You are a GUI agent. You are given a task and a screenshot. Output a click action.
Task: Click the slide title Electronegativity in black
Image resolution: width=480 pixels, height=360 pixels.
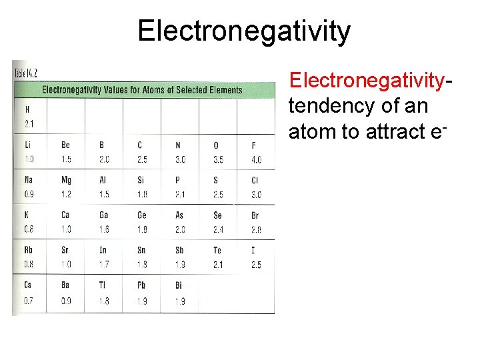pos(243,31)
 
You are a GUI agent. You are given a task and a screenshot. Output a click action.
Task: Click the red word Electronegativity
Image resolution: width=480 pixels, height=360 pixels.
pos(366,80)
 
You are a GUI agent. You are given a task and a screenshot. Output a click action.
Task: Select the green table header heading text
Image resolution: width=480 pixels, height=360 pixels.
pos(142,90)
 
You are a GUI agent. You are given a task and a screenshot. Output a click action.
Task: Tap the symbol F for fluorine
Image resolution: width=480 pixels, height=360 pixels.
pos(254,145)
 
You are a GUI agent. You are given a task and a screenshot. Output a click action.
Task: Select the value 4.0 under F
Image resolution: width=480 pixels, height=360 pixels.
pos(256,160)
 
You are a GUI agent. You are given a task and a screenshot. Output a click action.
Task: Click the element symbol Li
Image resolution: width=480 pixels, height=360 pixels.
pos(28,145)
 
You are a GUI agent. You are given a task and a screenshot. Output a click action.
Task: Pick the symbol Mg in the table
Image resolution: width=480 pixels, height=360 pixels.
pos(66,180)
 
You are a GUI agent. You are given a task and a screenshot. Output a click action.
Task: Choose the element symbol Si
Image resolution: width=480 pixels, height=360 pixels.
pos(141,180)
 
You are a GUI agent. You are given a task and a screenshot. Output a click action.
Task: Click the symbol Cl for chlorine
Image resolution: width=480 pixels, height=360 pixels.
pos(255,180)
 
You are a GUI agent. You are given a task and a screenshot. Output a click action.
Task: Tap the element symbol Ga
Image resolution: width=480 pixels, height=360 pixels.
pos(103,215)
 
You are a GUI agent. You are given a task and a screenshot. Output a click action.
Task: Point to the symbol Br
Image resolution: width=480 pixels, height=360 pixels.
pos(255,215)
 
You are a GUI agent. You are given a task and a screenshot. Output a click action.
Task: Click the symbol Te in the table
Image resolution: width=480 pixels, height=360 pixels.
pos(217,250)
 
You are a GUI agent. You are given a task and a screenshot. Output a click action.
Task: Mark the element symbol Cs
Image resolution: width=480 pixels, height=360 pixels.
pos(29,285)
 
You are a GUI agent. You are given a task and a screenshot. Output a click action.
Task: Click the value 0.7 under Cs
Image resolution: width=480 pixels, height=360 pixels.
pos(29,301)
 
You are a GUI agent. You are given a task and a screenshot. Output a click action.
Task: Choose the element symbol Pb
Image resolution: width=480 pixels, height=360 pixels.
pos(141,285)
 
